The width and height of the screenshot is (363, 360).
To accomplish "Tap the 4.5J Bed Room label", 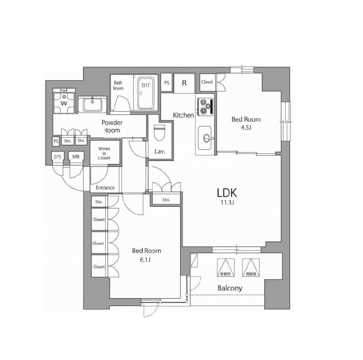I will (x=245, y=123).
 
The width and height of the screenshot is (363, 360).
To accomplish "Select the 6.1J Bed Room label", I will (x=146, y=255).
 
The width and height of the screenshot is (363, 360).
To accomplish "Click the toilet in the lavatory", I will (x=159, y=132).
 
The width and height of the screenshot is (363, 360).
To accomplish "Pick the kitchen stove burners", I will (x=206, y=106).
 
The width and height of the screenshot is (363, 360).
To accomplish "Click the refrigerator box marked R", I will (x=184, y=83).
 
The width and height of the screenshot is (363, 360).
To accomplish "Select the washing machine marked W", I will (x=63, y=103).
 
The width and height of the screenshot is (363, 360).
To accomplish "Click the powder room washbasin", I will (x=92, y=105).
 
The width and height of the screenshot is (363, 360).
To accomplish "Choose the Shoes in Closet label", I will (x=105, y=153).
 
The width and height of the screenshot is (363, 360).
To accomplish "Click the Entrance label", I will (x=105, y=188).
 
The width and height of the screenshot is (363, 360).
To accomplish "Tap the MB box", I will (x=75, y=157).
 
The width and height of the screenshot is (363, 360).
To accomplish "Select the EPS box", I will (x=58, y=157).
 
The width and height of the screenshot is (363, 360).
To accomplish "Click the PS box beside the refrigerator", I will (x=166, y=83).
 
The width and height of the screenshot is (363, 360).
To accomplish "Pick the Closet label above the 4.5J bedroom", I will (x=207, y=82).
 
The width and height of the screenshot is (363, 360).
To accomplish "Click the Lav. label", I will (x=160, y=152).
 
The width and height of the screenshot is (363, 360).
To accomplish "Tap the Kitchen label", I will (x=183, y=115).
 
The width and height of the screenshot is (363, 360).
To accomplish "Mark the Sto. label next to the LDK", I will (x=166, y=200).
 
